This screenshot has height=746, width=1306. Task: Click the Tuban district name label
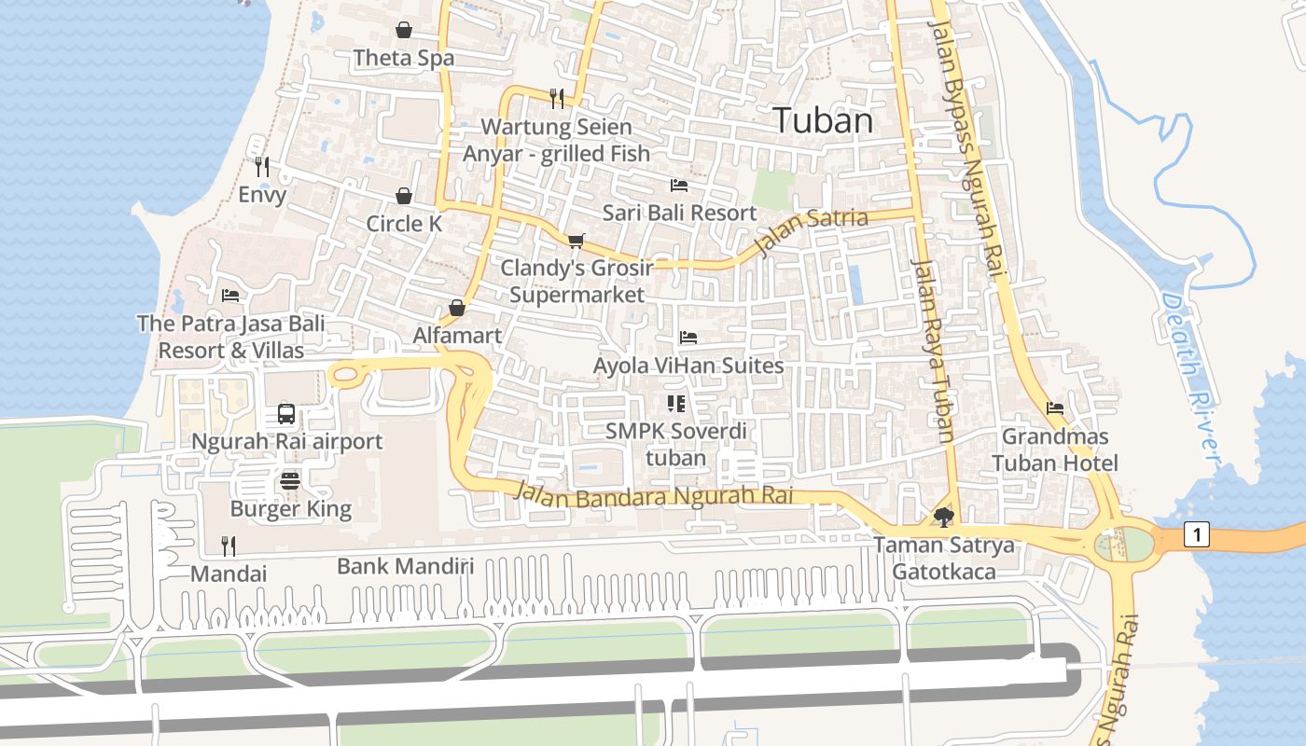point(823,120)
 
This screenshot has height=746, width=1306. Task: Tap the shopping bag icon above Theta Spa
point(404,30)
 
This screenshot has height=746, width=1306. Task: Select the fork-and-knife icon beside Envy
point(262,167)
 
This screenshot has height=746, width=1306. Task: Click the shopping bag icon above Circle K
point(404,196)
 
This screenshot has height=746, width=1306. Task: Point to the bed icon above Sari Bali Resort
point(679,185)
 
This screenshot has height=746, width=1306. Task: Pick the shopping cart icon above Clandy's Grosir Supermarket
point(577,241)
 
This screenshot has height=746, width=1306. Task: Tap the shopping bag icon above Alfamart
point(457,308)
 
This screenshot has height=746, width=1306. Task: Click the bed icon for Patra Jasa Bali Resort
point(230,296)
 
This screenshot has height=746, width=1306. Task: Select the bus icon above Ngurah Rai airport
point(286,414)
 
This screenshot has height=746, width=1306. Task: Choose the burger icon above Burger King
point(290,481)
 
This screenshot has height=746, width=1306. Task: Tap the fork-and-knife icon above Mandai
point(229,546)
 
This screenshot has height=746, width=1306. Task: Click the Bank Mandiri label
point(405,566)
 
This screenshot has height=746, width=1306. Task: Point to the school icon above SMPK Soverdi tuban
point(676,404)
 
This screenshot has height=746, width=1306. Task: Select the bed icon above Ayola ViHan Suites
point(688,338)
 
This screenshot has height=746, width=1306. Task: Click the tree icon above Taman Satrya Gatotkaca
point(943,517)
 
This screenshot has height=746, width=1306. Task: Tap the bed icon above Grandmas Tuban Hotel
point(1055,408)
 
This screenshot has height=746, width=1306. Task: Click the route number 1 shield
point(1197,534)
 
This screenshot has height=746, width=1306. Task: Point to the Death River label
point(1190,377)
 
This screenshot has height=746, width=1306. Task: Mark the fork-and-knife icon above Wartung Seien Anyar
point(557,98)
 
